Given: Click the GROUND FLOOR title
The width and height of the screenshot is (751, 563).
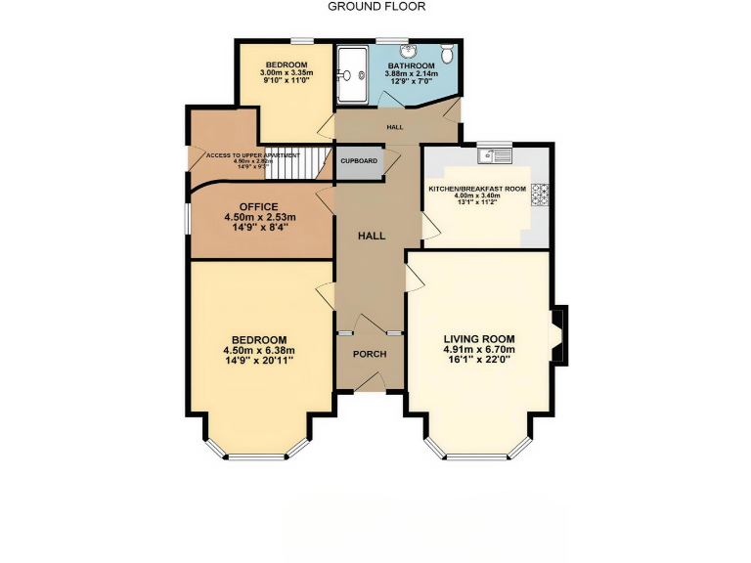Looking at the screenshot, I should tap(375, 6).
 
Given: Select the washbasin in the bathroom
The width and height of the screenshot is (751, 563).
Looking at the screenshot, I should tap(411, 51).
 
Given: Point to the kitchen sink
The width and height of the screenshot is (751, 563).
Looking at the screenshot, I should tap(495, 153).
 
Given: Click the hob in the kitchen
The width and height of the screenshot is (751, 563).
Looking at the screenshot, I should tap(540, 195).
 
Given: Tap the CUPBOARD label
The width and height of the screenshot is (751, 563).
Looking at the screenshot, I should tap(359, 160).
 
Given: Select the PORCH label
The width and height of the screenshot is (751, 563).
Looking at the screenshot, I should tap(370, 354).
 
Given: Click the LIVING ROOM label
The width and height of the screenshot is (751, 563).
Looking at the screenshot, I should tap(479, 338).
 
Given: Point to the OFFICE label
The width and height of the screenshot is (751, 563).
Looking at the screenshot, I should tap(259, 206).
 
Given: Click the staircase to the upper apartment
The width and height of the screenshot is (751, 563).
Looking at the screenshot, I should tap(297, 163).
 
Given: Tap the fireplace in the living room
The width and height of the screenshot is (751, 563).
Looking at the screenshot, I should tap(559, 335).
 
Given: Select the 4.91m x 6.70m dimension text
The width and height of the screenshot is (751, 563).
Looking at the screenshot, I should tap(479, 350).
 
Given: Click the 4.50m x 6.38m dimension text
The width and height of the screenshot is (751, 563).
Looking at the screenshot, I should tap(259, 351).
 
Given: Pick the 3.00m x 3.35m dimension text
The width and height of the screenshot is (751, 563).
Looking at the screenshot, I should tap(286, 73).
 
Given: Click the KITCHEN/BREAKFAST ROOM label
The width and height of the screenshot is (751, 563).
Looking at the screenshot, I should tap(477, 188).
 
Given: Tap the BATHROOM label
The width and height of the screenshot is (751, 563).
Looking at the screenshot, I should tap(412, 65).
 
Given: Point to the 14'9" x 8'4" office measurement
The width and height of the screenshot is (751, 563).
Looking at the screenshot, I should tap(259, 228).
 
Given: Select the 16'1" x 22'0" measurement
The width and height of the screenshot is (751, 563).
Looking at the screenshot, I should tap(479, 361).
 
